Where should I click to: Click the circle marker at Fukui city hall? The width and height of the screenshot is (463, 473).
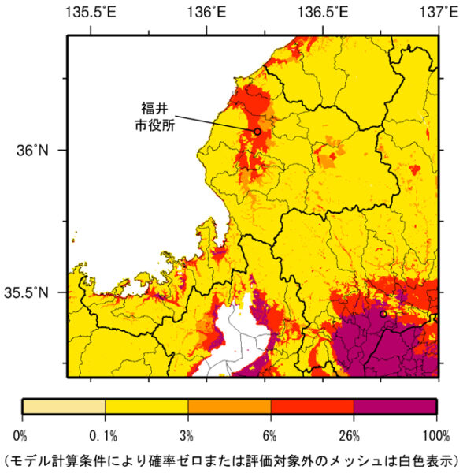pyautogui.click(x=257, y=131)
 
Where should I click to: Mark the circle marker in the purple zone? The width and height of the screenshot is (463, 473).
pyautogui.click(x=383, y=314)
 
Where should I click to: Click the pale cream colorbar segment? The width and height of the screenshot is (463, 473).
pyautogui.click(x=64, y=406)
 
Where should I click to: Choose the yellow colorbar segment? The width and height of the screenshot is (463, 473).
pyautogui.click(x=146, y=406)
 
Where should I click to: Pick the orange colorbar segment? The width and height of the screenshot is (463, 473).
pyautogui.click(x=229, y=406)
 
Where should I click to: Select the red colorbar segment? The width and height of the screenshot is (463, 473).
pyautogui.click(x=312, y=406)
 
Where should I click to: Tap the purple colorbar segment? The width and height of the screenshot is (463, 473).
pyautogui.click(x=394, y=406)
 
